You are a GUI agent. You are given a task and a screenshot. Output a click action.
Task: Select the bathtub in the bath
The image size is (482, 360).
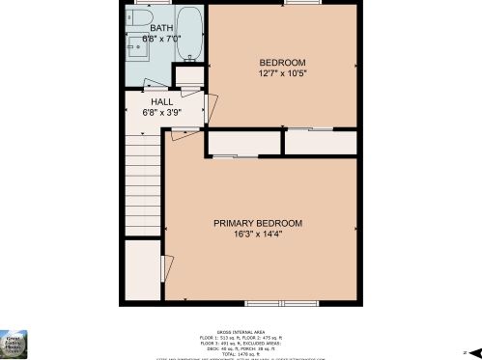pyautogui.click(x=189, y=35)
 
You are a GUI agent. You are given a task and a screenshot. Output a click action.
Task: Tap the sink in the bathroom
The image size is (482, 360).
pyautogui.click(x=136, y=48)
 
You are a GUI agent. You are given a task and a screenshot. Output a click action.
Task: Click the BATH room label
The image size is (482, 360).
pyautogui.click(x=160, y=29)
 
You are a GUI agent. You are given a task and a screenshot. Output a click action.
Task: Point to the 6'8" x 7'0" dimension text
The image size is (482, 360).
pyautogui.click(x=160, y=39)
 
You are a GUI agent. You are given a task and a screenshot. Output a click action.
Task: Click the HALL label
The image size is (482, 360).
pyautogui.click(x=161, y=101)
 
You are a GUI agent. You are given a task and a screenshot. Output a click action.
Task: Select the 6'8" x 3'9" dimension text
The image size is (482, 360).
pyautogui.click(x=161, y=112)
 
